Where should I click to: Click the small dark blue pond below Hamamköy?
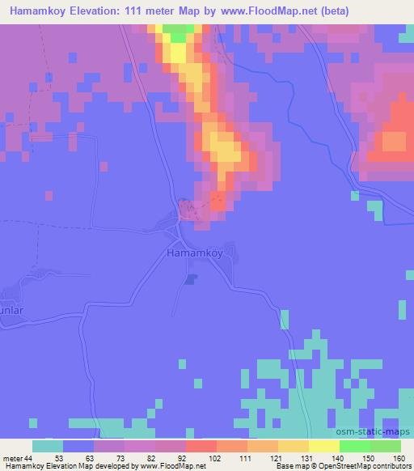click(x=190, y=279)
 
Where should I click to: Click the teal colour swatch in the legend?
click(x=48, y=446)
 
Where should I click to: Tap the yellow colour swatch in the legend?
click(x=324, y=446)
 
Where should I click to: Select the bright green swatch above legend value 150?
click(x=355, y=446)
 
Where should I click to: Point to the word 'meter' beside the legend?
click(x=11, y=457)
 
